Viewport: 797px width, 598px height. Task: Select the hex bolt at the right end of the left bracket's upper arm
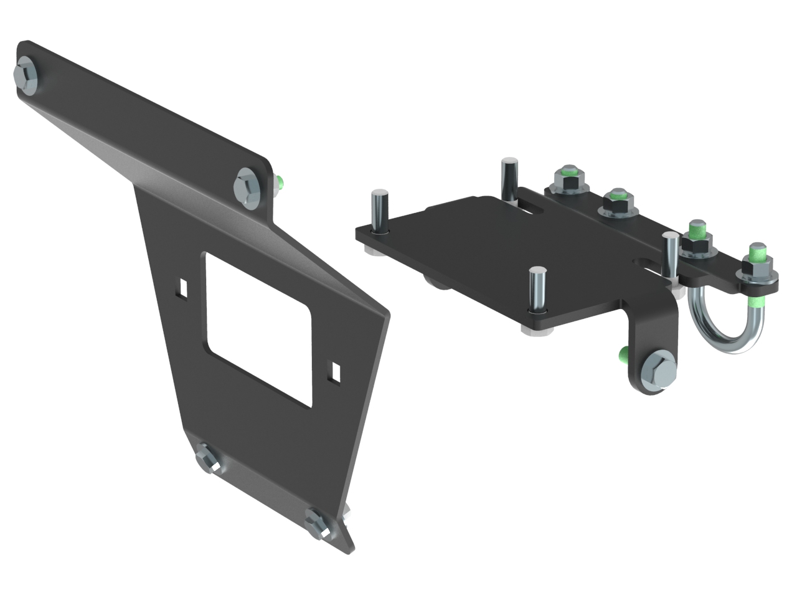pyautogui.click(x=247, y=184)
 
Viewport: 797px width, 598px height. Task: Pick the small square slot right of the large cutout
pyautogui.click(x=336, y=371)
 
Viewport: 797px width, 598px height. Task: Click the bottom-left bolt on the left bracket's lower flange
pyautogui.click(x=206, y=460)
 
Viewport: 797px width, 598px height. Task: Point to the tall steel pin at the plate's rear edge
pyautogui.click(x=509, y=178)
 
